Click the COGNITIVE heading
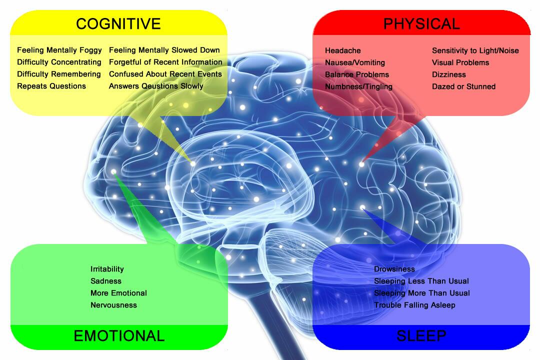click(x=118, y=23)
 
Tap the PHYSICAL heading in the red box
click(x=421, y=23)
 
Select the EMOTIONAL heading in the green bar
click(x=119, y=336)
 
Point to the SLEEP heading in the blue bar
click(x=421, y=336)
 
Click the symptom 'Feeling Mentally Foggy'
click(x=59, y=50)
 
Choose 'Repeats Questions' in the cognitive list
click(x=51, y=86)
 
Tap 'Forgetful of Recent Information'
click(x=165, y=62)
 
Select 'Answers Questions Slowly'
click(x=156, y=86)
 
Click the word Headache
click(x=342, y=50)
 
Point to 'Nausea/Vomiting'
click(x=355, y=62)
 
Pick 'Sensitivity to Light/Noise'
click(x=475, y=50)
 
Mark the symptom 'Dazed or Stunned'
click(x=463, y=86)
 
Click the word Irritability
click(x=107, y=269)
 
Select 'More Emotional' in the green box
click(x=118, y=293)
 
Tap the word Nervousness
click(x=113, y=305)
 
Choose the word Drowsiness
click(x=394, y=269)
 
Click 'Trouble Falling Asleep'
click(x=414, y=305)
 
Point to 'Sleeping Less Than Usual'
click(x=421, y=281)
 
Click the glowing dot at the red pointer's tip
click(x=361, y=163)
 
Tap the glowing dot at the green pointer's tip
click(x=114, y=172)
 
